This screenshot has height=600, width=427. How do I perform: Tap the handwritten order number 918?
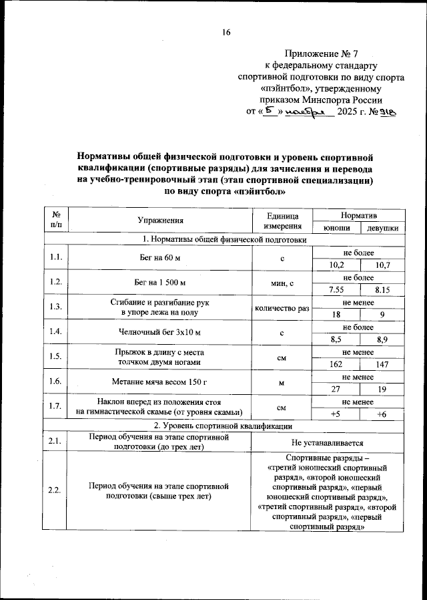tap(386, 113)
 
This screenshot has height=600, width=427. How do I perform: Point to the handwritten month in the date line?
tap(308, 113)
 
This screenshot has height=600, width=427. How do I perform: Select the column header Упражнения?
tap(160, 220)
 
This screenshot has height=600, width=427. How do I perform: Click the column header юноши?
tap(337, 229)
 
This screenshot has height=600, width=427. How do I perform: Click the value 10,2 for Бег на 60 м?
tap(337, 265)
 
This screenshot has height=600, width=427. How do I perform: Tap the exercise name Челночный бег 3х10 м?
tap(160, 332)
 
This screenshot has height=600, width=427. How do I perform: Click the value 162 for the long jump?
tap(337, 364)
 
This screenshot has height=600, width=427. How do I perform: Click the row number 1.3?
tap(55, 307)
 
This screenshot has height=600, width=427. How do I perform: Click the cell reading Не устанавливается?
tap(327, 442)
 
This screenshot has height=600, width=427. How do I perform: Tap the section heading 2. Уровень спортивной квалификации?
tap(223, 426)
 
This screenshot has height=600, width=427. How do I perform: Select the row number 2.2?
tap(55, 491)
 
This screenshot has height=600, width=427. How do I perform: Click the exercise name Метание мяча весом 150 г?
tap(160, 382)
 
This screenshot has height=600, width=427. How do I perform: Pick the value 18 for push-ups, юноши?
tap(337, 315)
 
